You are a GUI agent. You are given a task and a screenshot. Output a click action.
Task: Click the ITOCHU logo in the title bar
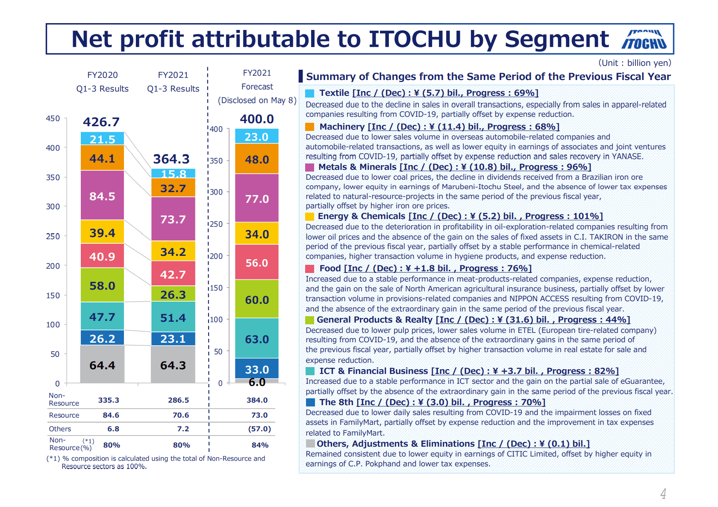pos(644,40)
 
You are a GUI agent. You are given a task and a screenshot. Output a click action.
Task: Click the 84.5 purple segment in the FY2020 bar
pos(102,196)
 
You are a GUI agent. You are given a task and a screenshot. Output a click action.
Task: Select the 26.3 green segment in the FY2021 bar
pos(173,294)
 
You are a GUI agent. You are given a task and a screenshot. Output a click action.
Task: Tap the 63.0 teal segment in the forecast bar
pos(257,339)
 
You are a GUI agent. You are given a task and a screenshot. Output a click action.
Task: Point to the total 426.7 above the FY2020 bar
pos(101,122)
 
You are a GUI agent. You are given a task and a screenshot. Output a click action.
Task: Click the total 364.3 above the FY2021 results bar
pos(171,159)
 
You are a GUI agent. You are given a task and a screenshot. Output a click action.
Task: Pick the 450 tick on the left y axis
pos(53,119)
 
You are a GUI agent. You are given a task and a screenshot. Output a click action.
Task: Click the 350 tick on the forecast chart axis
pos(217,161)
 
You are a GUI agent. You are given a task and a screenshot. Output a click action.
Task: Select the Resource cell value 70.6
pos(181,415)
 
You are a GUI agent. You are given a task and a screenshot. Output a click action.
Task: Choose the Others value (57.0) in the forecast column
pos(259,429)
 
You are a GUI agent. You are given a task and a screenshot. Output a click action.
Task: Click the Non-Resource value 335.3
pos(109,400)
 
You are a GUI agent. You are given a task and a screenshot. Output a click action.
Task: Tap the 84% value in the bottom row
pos(260,445)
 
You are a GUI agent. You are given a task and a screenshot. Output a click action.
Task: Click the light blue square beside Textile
pos(310,93)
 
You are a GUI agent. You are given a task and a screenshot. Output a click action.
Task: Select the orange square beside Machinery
pos(310,127)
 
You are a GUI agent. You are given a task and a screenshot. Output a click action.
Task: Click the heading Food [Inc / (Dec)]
pos(425,268)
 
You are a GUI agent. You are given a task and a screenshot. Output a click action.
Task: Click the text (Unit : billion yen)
pos(634,63)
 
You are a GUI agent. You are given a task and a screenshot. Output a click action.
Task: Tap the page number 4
pos(663,494)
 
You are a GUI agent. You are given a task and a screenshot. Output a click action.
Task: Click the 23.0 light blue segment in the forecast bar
pos(257,136)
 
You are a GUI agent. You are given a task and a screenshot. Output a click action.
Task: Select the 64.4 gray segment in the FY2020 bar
pos(102,365)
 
